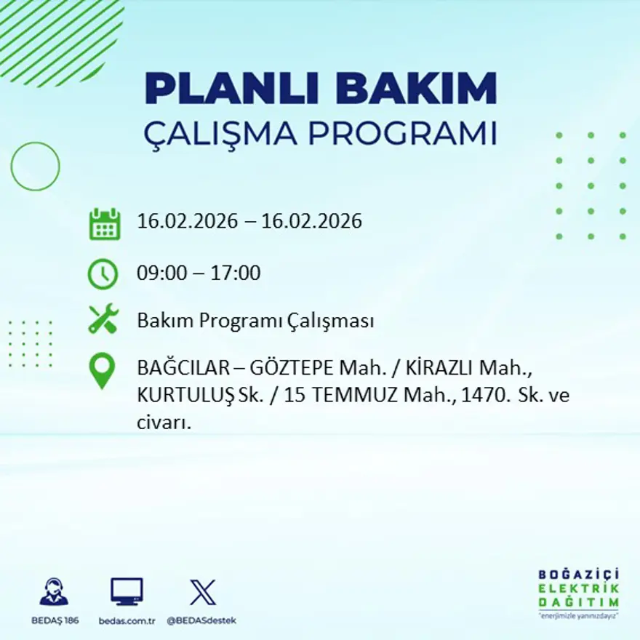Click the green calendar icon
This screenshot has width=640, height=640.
[x=104, y=224]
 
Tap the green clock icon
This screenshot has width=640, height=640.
[x=103, y=274]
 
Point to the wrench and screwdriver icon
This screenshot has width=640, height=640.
[x=103, y=319]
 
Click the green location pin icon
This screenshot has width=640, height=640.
[x=102, y=369]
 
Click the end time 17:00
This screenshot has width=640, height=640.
[x=235, y=274]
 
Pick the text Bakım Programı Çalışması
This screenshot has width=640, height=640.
[x=255, y=321]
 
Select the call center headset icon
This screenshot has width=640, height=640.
[x=54, y=592]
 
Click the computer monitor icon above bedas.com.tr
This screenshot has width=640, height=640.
[x=127, y=592]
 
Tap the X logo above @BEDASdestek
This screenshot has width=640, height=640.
[x=202, y=592]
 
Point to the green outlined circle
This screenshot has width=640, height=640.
[x=35, y=167]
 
